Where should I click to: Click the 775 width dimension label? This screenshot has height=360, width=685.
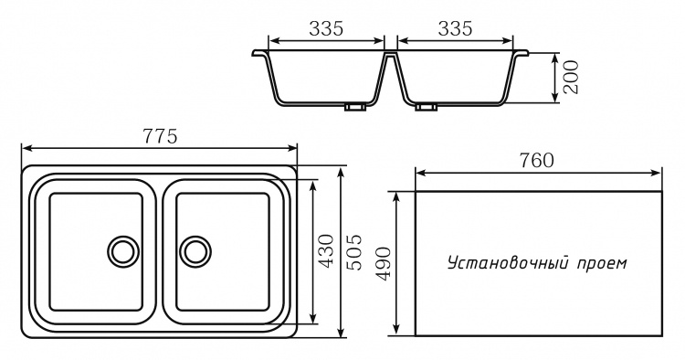(160, 136)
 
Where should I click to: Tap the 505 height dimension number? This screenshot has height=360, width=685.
(353, 252)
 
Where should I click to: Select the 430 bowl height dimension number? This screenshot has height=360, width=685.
(327, 251)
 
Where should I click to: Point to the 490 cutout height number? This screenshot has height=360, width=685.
(383, 263)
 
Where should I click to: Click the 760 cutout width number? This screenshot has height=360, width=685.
(536, 161)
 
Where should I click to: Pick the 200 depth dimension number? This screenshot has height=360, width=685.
(571, 78)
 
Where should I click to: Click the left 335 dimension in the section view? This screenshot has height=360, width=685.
(326, 29)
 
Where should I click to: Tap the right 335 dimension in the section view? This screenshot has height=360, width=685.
(455, 29)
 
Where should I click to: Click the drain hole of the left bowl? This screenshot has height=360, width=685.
(123, 251)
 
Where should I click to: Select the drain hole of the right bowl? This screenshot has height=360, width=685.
(195, 251)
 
